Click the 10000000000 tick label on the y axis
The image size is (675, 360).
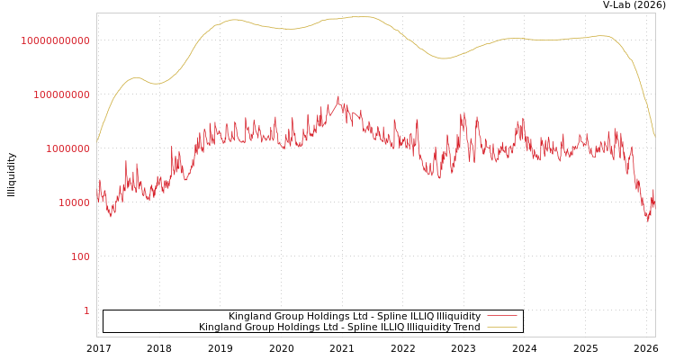click(56, 40)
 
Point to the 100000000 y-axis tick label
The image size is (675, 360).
click(61, 94)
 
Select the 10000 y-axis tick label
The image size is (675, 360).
click(74, 202)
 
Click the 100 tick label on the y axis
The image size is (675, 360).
click(80, 256)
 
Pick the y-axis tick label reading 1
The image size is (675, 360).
click(86, 310)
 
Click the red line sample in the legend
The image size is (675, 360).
click(501, 317)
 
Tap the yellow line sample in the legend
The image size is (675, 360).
click(501, 328)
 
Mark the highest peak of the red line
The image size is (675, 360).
click(338, 97)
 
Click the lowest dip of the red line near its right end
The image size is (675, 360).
click(647, 220)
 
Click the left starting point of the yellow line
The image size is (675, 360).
click(97, 140)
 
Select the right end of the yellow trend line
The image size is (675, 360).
click(654, 136)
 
